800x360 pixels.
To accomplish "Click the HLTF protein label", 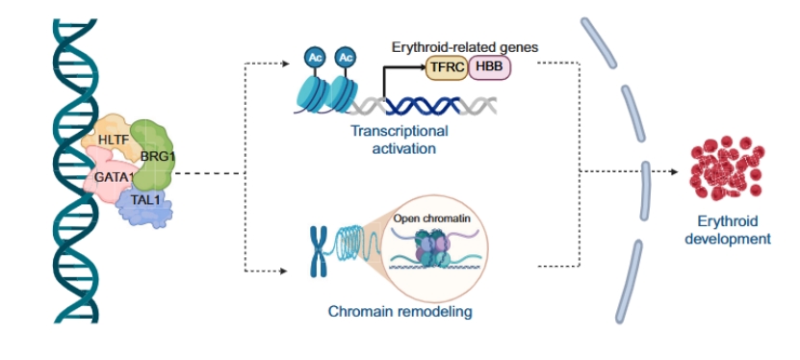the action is point(112,139).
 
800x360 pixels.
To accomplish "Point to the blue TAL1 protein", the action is point(145,205).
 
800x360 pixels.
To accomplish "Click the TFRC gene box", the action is point(447,67).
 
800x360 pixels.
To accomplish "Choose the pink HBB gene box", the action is point(489,67).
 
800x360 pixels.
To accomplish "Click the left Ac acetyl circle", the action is point(316,57).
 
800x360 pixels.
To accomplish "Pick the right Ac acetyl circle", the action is point(346,57).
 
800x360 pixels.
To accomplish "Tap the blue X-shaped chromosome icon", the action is point(319,251).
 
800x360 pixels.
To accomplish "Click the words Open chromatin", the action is point(431,219).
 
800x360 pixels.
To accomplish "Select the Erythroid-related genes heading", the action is point(465,47).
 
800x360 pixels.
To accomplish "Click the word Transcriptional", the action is point(399,131).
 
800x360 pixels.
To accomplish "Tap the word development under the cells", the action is point(728,239).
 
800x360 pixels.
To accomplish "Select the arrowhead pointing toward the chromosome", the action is point(284,270).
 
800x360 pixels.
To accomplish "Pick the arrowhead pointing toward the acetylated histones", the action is point(286,64).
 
